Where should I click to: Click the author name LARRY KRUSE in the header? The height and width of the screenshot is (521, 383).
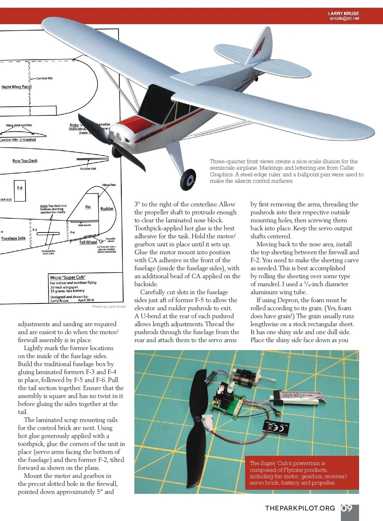343,13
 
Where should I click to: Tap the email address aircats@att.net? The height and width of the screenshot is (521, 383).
344,19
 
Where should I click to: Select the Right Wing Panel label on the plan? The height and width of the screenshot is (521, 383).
16,87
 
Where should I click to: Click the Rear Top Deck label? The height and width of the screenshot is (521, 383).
25,161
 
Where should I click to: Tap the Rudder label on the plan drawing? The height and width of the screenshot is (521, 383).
107,209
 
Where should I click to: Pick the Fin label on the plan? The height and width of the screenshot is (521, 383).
88,207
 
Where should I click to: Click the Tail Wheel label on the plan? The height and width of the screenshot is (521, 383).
88,242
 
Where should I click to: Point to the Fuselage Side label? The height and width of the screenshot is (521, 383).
13,238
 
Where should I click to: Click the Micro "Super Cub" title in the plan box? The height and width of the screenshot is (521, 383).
68,277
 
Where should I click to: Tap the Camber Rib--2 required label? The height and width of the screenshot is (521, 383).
18,140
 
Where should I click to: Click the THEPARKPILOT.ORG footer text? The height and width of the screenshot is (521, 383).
300,508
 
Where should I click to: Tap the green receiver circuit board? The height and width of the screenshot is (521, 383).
227,406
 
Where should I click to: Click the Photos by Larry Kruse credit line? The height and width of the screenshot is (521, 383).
109,307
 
